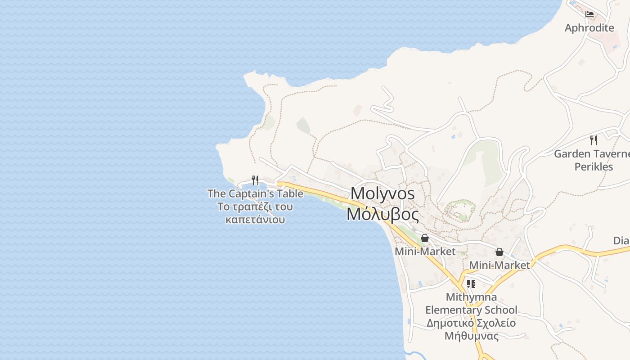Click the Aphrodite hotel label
589,28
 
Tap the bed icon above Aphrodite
589,14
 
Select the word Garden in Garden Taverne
571,154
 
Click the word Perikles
594,166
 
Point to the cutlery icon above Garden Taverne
594,140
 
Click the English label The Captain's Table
255,194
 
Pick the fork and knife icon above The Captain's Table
255,180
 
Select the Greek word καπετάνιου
255,220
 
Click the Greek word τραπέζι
254,207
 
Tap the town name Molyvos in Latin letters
382,193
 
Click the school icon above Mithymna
471,284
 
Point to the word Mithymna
471,297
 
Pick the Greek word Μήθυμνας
471,336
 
